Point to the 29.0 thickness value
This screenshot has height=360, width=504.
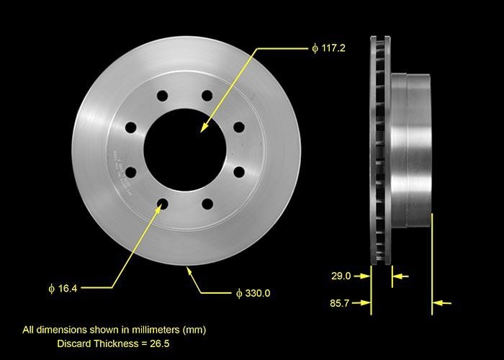(341, 276)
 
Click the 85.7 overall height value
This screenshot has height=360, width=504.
(339, 303)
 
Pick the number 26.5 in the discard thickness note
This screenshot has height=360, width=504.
(159, 343)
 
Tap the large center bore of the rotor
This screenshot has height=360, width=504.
(185, 149)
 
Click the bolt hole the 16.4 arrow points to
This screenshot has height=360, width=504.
(162, 204)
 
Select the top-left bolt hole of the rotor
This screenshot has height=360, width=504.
(162, 96)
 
